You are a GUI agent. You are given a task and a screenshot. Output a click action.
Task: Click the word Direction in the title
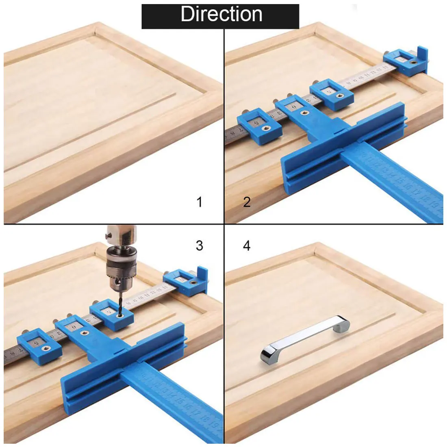[x=221, y=14]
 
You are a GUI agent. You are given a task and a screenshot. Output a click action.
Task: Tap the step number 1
[x=199, y=202]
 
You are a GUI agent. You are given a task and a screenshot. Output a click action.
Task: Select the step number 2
[x=247, y=202]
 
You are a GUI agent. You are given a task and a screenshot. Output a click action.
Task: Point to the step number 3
[x=199, y=245]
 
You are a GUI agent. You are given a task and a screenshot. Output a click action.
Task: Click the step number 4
[x=247, y=245]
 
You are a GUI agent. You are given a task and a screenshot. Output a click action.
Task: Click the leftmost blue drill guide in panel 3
[x=39, y=344]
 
